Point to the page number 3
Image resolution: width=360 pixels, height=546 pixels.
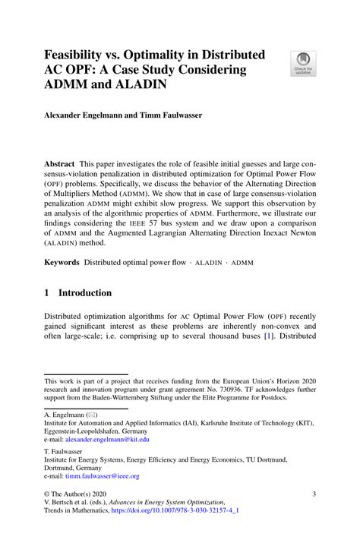[x=314, y=494]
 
